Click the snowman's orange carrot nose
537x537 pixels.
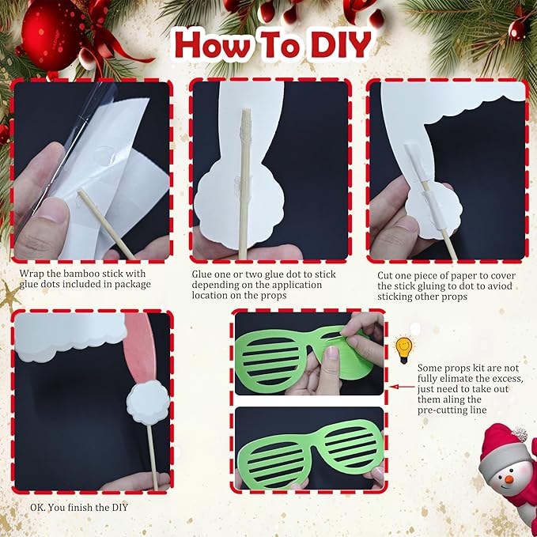(x=506, y=478)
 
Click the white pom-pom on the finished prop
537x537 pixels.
(x=148, y=402)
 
